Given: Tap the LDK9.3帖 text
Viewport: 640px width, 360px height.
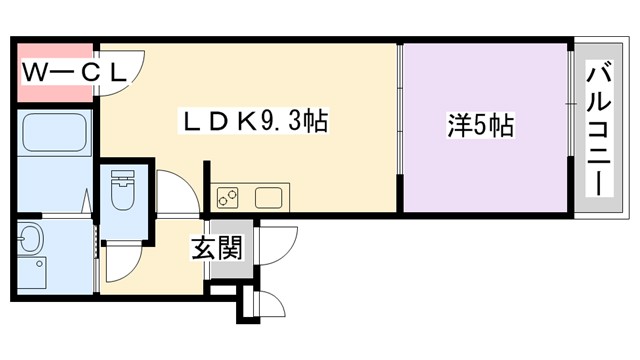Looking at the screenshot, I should pyautogui.click(x=254, y=122).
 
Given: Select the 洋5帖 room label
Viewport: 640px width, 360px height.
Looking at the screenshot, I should pyautogui.click(x=480, y=125).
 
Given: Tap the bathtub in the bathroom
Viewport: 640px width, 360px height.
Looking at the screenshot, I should pyautogui.click(x=55, y=132).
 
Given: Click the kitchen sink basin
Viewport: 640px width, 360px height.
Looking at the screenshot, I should pyautogui.click(x=269, y=196).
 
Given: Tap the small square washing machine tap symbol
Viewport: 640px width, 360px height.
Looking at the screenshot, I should pyautogui.click(x=40, y=267).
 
